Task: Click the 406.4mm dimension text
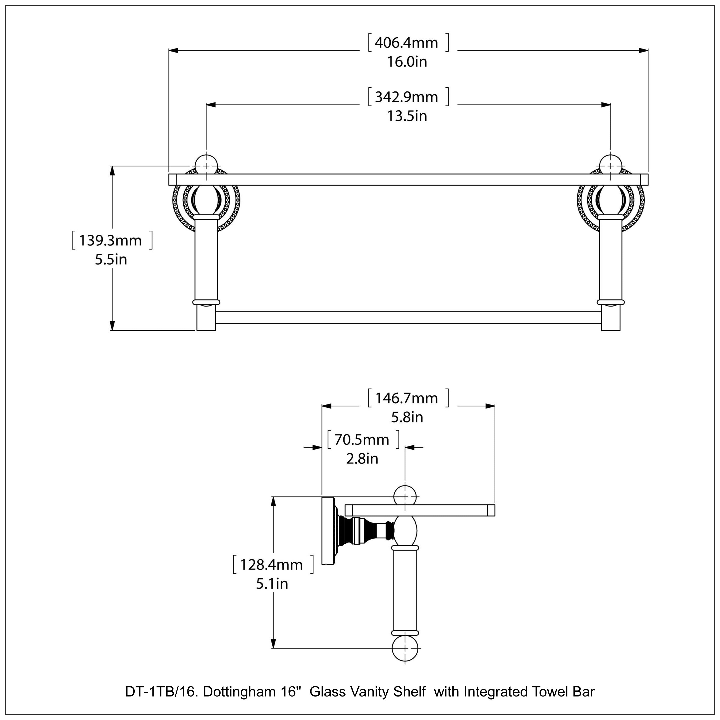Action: click(406, 43)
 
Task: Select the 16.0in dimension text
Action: click(407, 62)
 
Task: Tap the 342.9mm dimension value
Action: click(406, 97)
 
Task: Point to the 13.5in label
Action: click(407, 116)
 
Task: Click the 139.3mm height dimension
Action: click(110, 241)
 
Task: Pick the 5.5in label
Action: click(111, 260)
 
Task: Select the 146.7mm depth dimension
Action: click(406, 398)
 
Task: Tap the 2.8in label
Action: click(362, 459)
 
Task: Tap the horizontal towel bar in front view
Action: click(408, 318)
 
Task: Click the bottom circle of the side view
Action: click(405, 649)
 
